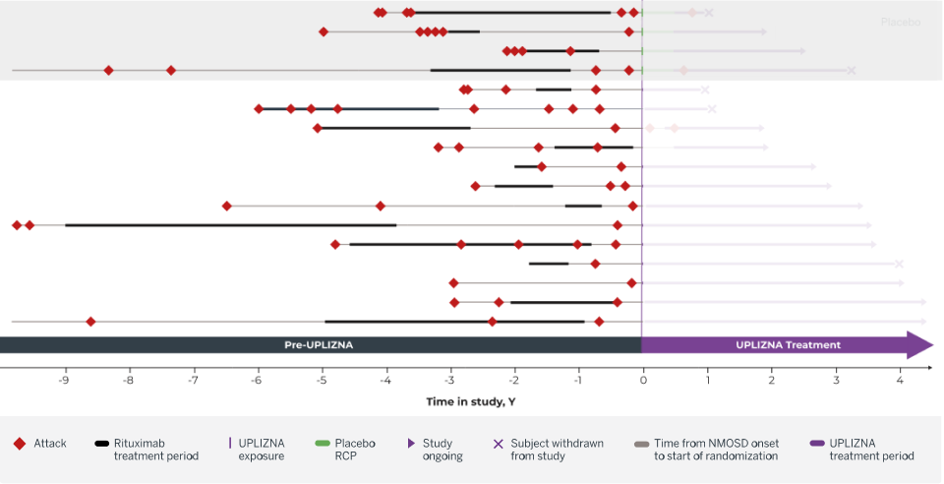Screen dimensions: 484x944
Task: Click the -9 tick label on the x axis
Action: point(64,380)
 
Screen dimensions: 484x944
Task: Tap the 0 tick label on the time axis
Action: point(642,380)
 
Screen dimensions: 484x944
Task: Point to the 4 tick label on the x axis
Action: point(900,380)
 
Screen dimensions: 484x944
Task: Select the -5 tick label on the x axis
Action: point(321,380)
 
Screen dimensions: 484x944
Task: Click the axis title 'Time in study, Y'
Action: point(470,401)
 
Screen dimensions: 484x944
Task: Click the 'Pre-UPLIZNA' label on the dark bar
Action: point(319,345)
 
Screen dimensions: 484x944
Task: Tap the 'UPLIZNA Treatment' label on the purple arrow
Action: point(788,345)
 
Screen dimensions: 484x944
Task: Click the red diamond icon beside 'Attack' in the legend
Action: point(20,444)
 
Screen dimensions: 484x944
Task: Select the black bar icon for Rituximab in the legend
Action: point(101,444)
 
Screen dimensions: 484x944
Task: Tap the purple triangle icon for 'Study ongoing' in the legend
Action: point(411,444)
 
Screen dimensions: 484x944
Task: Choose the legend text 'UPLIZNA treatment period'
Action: point(871,450)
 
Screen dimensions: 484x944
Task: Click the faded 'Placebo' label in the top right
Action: point(900,21)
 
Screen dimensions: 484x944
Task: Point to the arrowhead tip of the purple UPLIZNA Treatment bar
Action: point(931,345)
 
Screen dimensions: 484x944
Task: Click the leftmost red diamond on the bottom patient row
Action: point(90,322)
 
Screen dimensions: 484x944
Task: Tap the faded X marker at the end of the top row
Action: point(708,13)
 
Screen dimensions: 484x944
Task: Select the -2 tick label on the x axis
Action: point(513,380)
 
